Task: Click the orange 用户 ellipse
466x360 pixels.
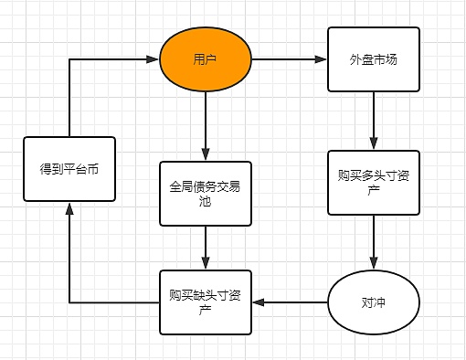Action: click(x=206, y=60)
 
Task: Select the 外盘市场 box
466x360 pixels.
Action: click(x=373, y=60)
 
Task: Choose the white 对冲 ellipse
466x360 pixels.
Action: click(x=373, y=301)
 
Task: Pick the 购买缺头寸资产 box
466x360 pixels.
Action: click(x=205, y=301)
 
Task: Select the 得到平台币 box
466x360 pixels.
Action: click(x=69, y=169)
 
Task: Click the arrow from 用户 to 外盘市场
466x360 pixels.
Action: click(x=289, y=60)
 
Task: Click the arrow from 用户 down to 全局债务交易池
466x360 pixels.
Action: click(x=206, y=123)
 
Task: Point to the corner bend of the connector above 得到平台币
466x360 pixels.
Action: click(x=69, y=60)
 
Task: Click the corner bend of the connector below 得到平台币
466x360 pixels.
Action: click(x=69, y=301)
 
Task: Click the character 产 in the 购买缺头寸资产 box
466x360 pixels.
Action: click(x=205, y=310)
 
